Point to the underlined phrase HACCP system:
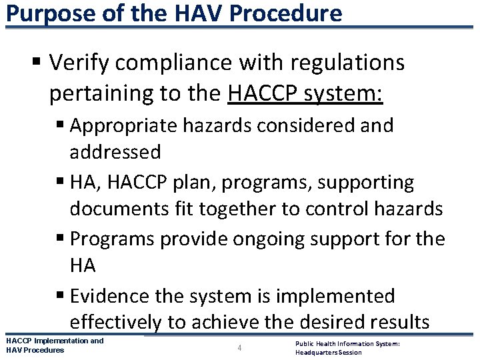click(x=305, y=93)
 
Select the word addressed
click(x=115, y=152)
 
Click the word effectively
click(x=115, y=323)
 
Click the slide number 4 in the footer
click(x=239, y=347)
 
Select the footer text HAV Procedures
click(x=35, y=350)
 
